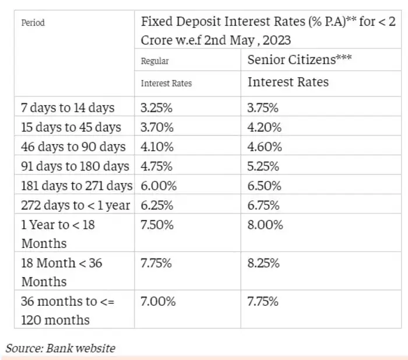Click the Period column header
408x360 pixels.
tap(33, 23)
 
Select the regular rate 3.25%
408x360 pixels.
tap(157, 108)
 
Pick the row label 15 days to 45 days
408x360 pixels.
tap(71, 127)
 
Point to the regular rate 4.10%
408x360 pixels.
tap(157, 146)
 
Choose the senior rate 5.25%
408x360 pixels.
tap(264, 166)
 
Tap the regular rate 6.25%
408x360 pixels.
tap(157, 205)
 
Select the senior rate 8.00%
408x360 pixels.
tap(265, 225)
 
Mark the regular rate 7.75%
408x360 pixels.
tap(156, 263)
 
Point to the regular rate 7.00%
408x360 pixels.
tap(157, 302)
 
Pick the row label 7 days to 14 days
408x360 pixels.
tap(68, 108)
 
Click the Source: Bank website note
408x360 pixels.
tap(61, 348)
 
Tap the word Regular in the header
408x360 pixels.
tap(154, 61)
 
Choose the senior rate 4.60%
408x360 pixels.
tap(265, 146)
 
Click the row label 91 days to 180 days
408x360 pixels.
tap(75, 166)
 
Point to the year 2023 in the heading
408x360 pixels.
tap(274, 40)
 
